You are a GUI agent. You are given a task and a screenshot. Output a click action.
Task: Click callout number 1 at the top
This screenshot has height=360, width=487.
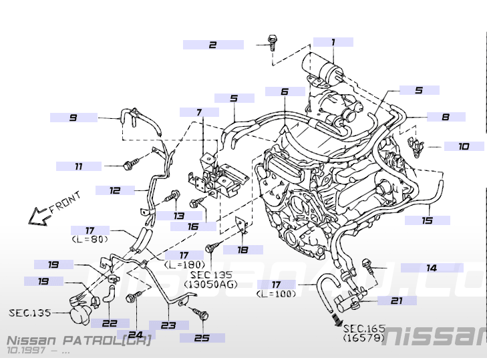click(x=333, y=41)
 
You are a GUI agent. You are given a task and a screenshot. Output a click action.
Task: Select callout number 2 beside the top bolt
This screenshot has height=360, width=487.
click(x=212, y=45)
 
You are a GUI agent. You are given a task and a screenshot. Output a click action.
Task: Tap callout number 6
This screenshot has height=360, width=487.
click(x=284, y=92)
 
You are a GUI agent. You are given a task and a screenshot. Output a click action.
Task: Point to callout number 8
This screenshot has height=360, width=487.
click(x=445, y=116)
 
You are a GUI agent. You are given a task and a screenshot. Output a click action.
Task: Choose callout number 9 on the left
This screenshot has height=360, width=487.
click(x=73, y=118)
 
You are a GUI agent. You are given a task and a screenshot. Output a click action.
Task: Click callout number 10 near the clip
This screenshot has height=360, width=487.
click(x=464, y=146)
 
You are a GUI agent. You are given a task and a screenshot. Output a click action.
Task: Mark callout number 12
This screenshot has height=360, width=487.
click(x=115, y=190)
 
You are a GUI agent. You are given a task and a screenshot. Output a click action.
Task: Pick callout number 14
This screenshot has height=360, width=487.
click(x=432, y=268)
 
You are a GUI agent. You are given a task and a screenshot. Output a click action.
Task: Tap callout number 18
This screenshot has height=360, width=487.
click(x=242, y=250)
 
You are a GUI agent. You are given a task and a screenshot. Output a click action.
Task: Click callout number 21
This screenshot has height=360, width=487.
click(x=396, y=301)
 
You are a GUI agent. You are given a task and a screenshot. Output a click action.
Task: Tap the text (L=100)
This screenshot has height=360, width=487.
click(x=275, y=293)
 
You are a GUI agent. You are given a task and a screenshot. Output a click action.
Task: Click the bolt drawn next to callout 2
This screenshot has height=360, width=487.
click(x=271, y=41)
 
